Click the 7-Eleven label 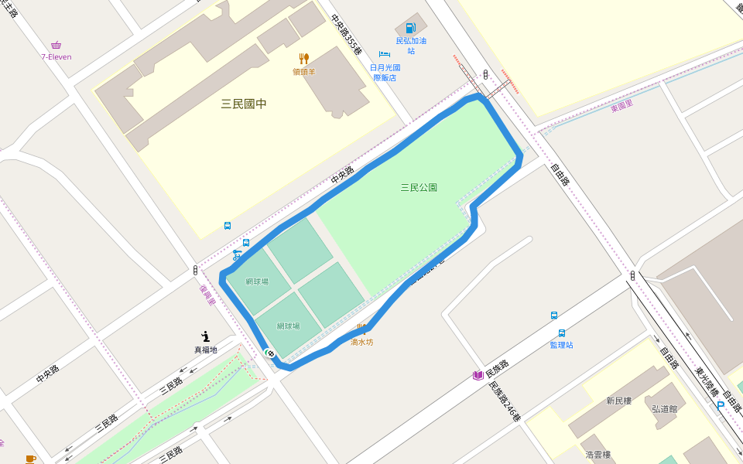click(x=56, y=56)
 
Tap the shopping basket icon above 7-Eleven click(x=56, y=45)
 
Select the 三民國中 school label click(x=244, y=104)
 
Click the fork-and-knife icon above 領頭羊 click(x=304, y=59)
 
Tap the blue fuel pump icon click(x=410, y=29)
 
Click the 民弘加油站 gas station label click(x=411, y=46)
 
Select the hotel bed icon click(x=385, y=55)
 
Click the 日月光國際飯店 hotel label click(x=385, y=73)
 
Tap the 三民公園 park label click(x=419, y=187)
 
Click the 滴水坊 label click(x=361, y=342)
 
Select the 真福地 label click(x=205, y=350)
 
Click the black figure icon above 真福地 click(x=205, y=336)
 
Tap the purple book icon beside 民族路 click(x=478, y=376)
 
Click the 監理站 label click(x=561, y=345)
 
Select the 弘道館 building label click(x=664, y=408)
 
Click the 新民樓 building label click(x=619, y=401)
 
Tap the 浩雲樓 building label click(x=598, y=455)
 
